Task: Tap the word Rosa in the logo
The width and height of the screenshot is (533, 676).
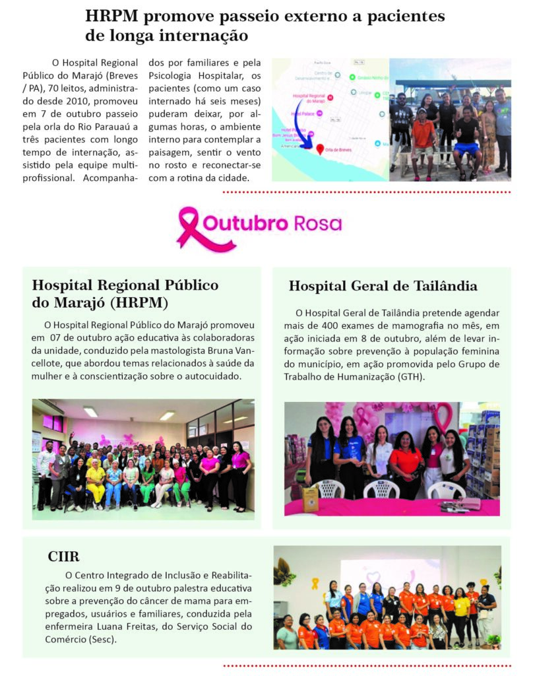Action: pyautogui.click(x=319, y=223)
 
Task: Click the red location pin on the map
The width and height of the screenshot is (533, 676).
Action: pyautogui.click(x=321, y=150)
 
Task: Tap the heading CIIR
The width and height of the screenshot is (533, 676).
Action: pyautogui.click(x=63, y=557)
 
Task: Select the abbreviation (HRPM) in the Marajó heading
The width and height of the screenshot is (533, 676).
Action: pyautogui.click(x=139, y=303)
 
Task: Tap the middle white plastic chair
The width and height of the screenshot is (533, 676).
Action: pyautogui.click(x=381, y=489)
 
